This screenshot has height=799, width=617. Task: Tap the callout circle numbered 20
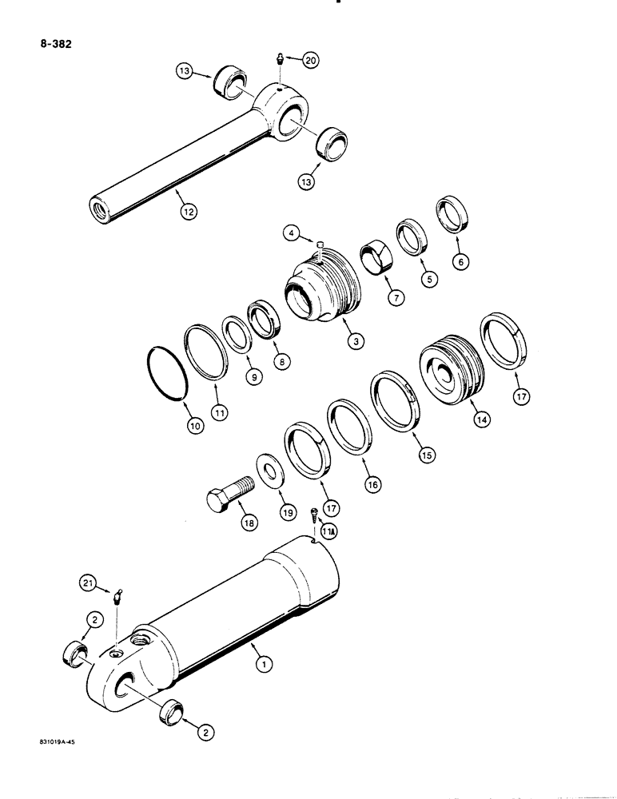[x=309, y=59]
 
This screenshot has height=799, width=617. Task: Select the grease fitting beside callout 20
[x=281, y=59]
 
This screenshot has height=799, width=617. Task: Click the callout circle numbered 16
[x=372, y=483]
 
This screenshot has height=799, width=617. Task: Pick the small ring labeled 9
[x=235, y=334]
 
